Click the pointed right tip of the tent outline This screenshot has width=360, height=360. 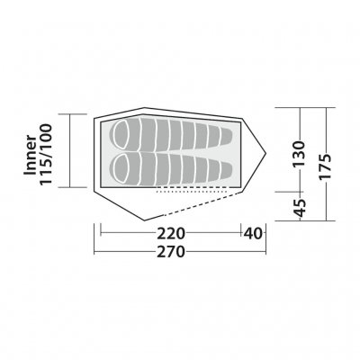point(266,153)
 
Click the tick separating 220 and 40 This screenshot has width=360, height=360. point(241,232)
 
